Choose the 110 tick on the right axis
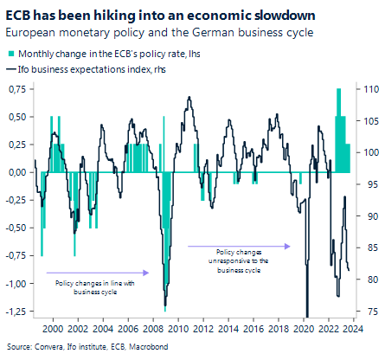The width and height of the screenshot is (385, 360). pos(368,89)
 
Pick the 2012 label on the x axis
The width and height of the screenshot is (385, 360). pos(202,330)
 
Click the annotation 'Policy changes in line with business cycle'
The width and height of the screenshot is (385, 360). pos(85,287)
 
